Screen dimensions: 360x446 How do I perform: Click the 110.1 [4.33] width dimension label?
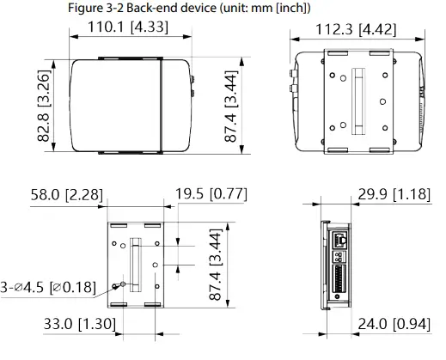(128, 27)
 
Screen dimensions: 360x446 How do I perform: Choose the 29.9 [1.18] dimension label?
(393, 195)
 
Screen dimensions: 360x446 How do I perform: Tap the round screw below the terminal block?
(337, 297)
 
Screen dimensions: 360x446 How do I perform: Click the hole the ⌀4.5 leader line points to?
(123, 283)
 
